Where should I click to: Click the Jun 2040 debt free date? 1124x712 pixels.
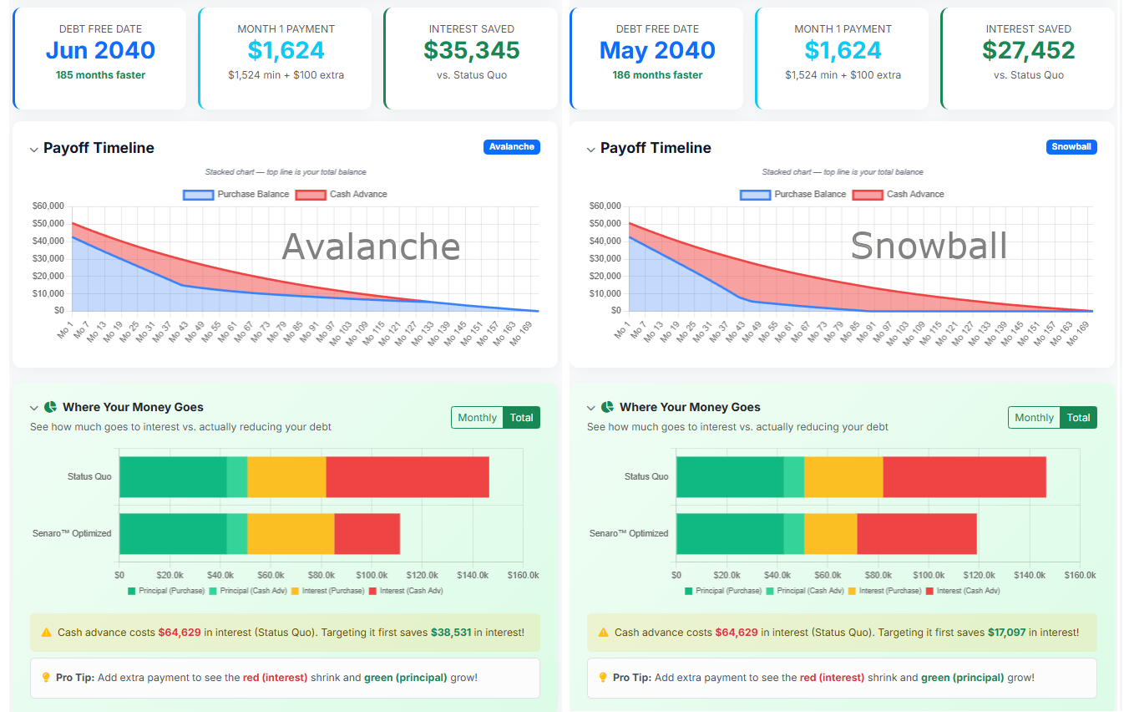pyautogui.click(x=100, y=50)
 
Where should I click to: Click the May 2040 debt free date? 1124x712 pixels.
pyautogui.click(x=657, y=50)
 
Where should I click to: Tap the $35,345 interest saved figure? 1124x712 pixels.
pyautogui.click(x=471, y=50)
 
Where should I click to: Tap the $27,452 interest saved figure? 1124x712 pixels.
pyautogui.click(x=1028, y=50)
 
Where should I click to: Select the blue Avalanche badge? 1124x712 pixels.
pyautogui.click(x=511, y=147)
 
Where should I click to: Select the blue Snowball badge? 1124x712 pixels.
pyautogui.click(x=1071, y=147)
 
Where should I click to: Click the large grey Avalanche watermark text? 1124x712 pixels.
pyautogui.click(x=371, y=247)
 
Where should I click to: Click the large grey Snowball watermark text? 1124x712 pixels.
pyautogui.click(x=929, y=246)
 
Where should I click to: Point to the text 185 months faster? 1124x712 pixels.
pyautogui.click(x=99, y=75)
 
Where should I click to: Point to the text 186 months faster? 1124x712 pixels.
pyautogui.click(x=656, y=75)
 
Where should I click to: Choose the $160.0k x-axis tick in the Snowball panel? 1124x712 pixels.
pyautogui.click(x=1080, y=575)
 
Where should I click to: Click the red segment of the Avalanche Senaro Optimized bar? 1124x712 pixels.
pyautogui.click(x=367, y=533)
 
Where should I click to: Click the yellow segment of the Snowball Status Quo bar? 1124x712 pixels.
pyautogui.click(x=843, y=477)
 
